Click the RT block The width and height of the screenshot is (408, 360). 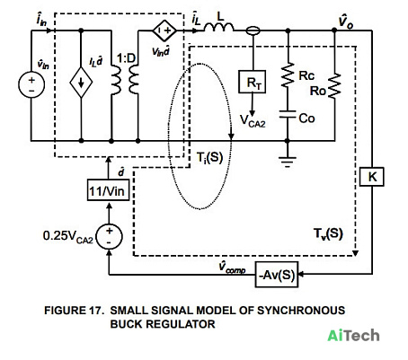coord(252,82)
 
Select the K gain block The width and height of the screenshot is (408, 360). coord(372,177)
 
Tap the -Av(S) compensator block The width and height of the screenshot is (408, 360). coord(277,275)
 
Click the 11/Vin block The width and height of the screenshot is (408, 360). coord(109,190)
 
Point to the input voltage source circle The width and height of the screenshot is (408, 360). coord(31,84)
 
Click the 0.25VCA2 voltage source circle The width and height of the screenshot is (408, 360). coord(110,236)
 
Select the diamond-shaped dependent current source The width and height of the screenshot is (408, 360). coord(81,83)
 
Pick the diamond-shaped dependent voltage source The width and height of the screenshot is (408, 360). coord(164,31)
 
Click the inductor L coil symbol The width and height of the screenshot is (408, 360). coord(219,27)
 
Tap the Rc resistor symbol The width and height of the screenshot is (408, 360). coord(288,75)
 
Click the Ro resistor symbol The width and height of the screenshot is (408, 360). coord(334,85)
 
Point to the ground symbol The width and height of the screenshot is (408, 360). coord(288,162)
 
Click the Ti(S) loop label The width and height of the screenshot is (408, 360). coord(209,157)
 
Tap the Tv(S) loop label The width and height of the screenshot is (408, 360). coord(328,233)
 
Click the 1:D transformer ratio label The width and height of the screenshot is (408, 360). coord(126,58)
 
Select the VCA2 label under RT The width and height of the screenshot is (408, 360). coord(253,121)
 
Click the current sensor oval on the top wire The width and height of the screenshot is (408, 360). coord(253,31)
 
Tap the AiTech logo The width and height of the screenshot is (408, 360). coord(353,335)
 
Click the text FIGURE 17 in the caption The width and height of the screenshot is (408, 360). coord(74,311)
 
